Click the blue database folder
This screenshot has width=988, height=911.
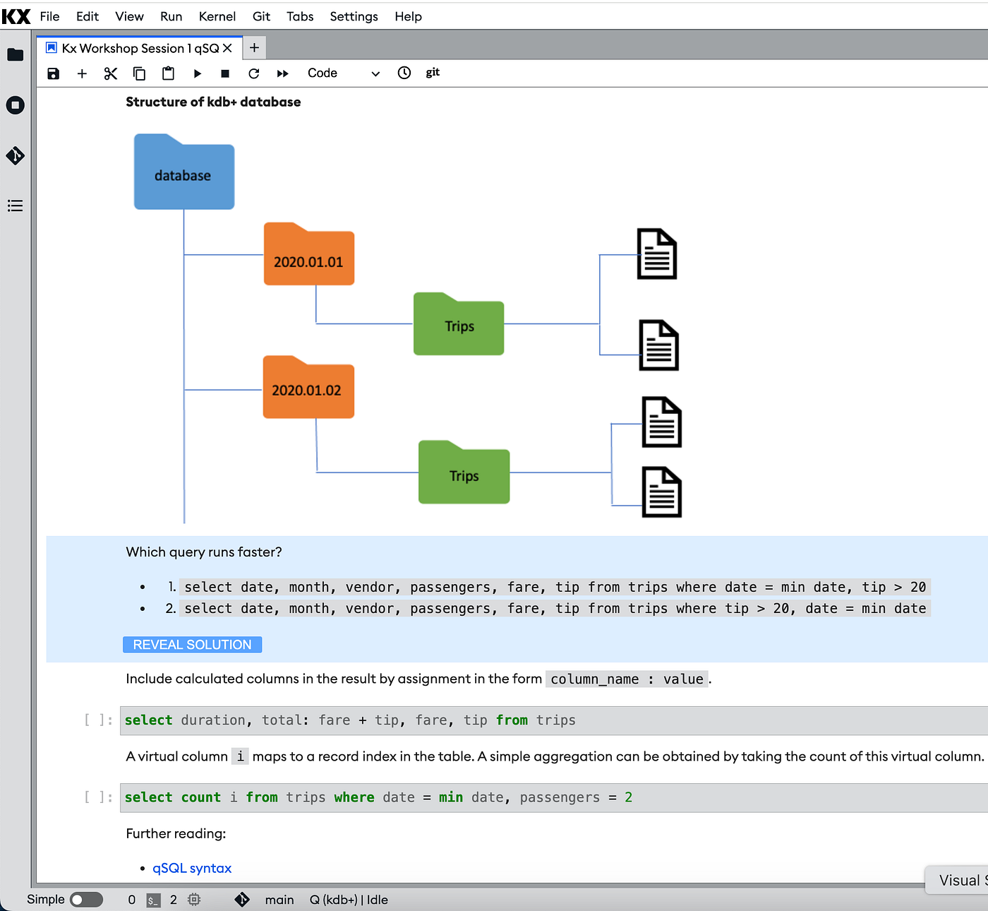tap(183, 172)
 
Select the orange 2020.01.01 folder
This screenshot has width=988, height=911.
tap(309, 254)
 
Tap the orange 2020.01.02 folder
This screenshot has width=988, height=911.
tap(308, 387)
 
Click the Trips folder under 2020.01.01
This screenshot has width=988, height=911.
tap(459, 324)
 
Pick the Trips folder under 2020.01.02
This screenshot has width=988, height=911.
tap(464, 472)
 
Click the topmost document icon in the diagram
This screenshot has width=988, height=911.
tap(656, 254)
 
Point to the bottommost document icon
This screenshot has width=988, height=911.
tap(661, 492)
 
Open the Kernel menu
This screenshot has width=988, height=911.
tap(217, 16)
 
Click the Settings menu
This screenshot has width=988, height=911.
tap(354, 16)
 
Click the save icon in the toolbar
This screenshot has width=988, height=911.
tap(53, 73)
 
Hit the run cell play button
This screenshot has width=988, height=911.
tap(197, 73)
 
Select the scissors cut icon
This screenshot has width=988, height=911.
tap(110, 73)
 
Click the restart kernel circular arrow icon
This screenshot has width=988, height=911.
tap(253, 73)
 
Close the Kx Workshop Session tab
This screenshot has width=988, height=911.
tap(227, 48)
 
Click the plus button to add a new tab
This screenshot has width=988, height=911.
tap(254, 48)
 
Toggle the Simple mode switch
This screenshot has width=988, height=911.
tap(86, 900)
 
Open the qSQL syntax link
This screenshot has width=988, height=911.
tap(191, 868)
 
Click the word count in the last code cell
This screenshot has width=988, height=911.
tap(201, 797)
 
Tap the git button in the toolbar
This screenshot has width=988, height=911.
tap(433, 73)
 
